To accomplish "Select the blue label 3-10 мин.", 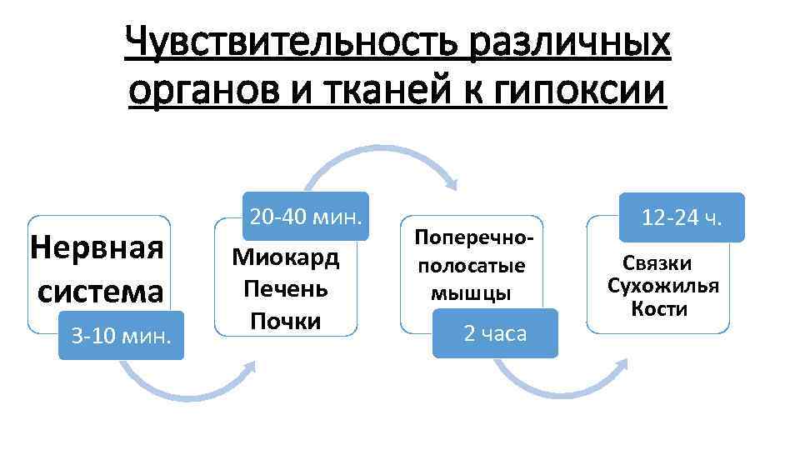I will (x=122, y=336).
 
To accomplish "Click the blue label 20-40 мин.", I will (x=306, y=218).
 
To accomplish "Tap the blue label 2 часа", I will (x=495, y=334).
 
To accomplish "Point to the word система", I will (x=100, y=292).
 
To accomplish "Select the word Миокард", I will (x=286, y=257).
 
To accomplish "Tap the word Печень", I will (x=286, y=289).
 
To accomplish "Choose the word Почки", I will (x=286, y=321).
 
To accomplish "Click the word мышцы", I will (x=472, y=292).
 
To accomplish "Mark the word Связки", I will (x=658, y=263).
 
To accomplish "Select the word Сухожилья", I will (x=663, y=287).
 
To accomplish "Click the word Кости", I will (x=659, y=310).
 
